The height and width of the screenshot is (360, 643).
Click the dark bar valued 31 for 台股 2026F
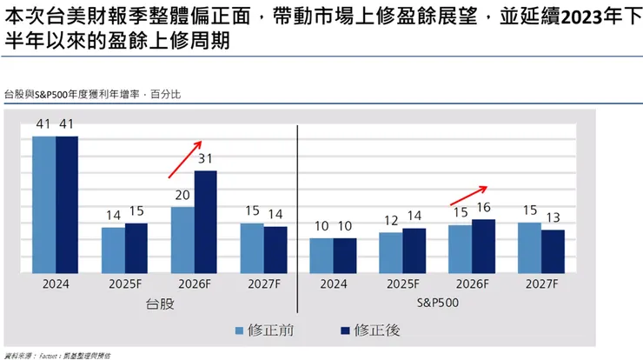tap(205, 221)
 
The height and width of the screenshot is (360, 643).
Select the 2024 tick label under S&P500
tap(333, 283)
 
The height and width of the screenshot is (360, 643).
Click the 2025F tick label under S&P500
tap(402, 283)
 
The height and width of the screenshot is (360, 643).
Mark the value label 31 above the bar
tap(206, 159)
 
